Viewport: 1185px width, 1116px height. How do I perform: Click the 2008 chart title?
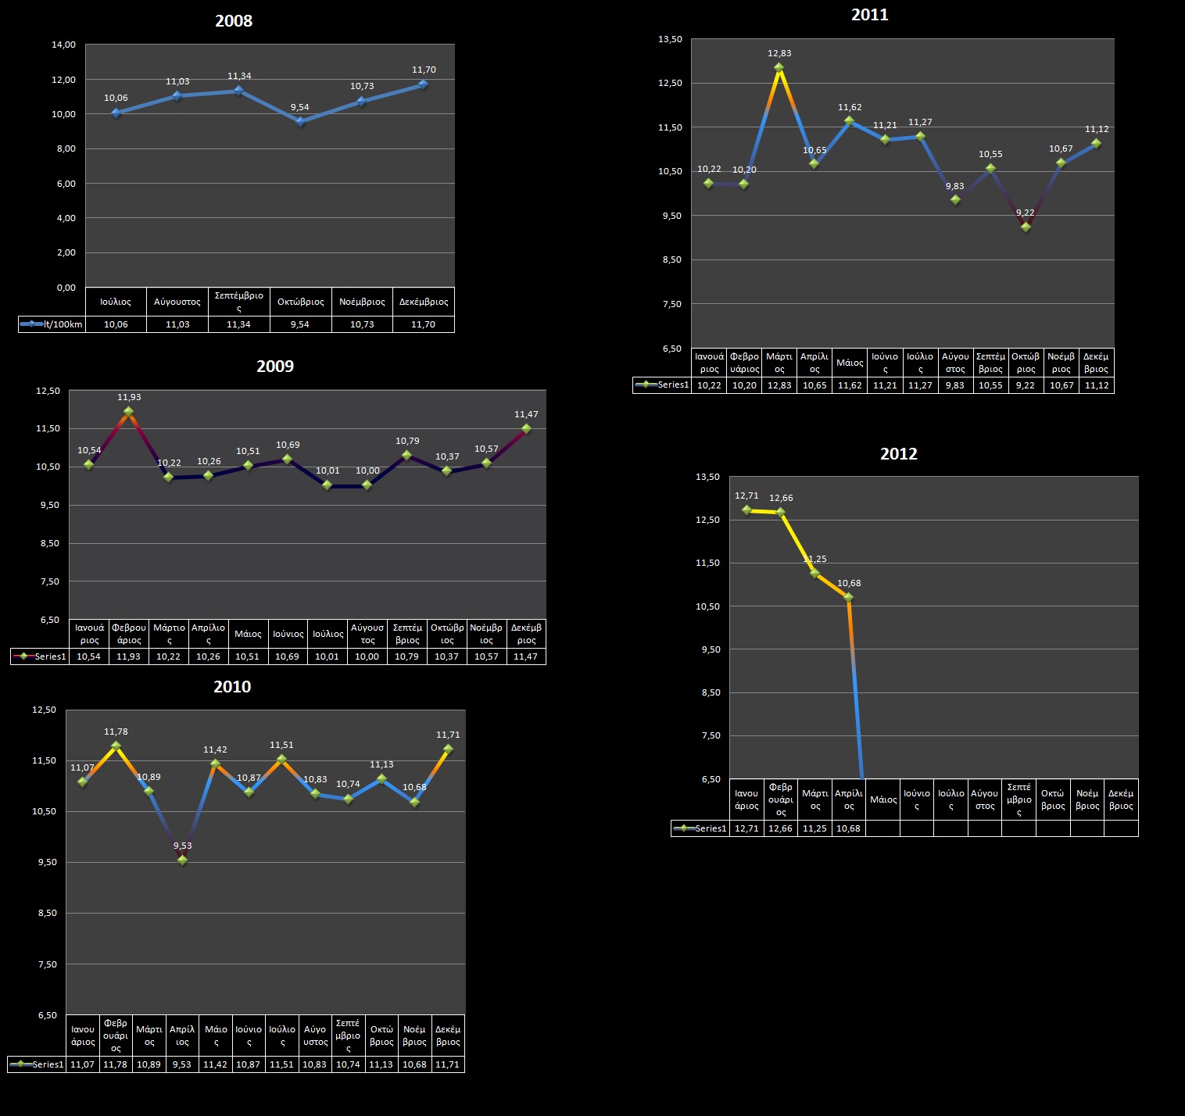tap(234, 21)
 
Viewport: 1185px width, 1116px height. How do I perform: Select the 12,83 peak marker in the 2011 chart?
tap(779, 68)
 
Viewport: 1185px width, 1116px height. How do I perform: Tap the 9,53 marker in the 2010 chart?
tap(182, 860)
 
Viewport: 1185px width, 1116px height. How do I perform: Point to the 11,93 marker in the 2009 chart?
tap(129, 411)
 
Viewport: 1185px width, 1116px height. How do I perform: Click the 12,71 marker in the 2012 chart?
tap(746, 510)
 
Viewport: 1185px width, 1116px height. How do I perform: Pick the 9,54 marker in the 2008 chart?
tap(300, 121)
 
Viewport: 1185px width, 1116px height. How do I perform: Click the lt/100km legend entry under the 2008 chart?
tap(52, 324)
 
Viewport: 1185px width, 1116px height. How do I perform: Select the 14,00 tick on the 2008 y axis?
tap(64, 45)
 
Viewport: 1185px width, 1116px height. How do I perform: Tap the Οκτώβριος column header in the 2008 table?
tap(301, 302)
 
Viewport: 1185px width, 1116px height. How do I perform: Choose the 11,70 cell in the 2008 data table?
tap(424, 324)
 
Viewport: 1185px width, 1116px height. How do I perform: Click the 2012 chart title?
tap(899, 454)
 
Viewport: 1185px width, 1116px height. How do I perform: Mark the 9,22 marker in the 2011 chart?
tap(1026, 227)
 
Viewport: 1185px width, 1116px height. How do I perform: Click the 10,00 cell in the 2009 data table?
tap(367, 656)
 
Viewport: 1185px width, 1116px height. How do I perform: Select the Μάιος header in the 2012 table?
tap(883, 799)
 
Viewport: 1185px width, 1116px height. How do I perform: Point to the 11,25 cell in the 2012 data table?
tap(814, 828)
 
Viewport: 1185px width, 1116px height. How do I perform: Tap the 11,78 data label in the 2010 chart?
tap(116, 731)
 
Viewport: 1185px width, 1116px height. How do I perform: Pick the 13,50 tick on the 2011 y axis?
tap(671, 39)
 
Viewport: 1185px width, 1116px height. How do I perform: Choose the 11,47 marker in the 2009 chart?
tap(526, 428)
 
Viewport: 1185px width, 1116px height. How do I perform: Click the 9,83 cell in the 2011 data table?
tap(955, 385)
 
